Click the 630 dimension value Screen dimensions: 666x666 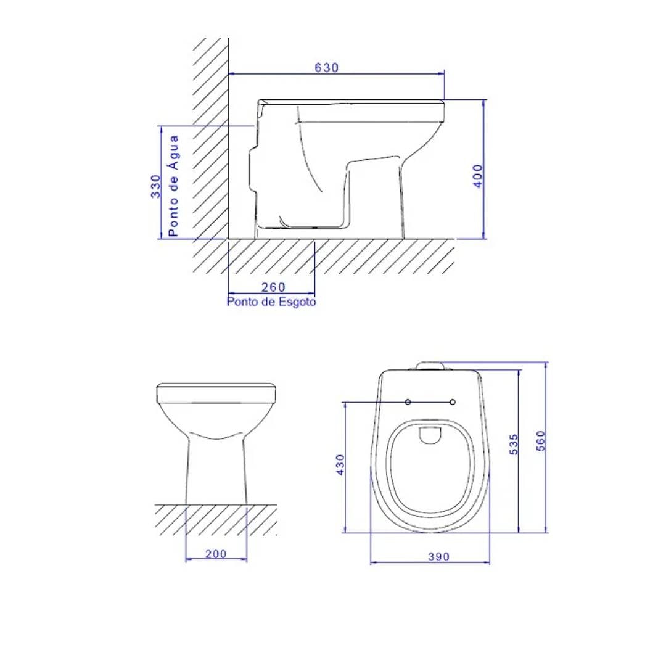(327, 68)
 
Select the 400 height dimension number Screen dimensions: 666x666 (478, 176)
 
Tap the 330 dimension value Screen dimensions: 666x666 (156, 186)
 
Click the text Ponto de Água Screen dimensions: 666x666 (174, 186)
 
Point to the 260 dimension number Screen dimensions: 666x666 (273, 287)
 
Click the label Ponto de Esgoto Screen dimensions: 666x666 (271, 302)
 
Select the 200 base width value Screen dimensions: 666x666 (216, 554)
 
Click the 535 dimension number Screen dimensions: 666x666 (514, 444)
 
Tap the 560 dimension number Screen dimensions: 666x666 (540, 440)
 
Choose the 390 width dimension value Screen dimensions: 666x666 (438, 556)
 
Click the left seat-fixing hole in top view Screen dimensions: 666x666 (408, 402)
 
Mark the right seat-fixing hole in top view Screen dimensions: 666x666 (453, 402)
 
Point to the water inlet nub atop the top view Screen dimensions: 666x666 (430, 366)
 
